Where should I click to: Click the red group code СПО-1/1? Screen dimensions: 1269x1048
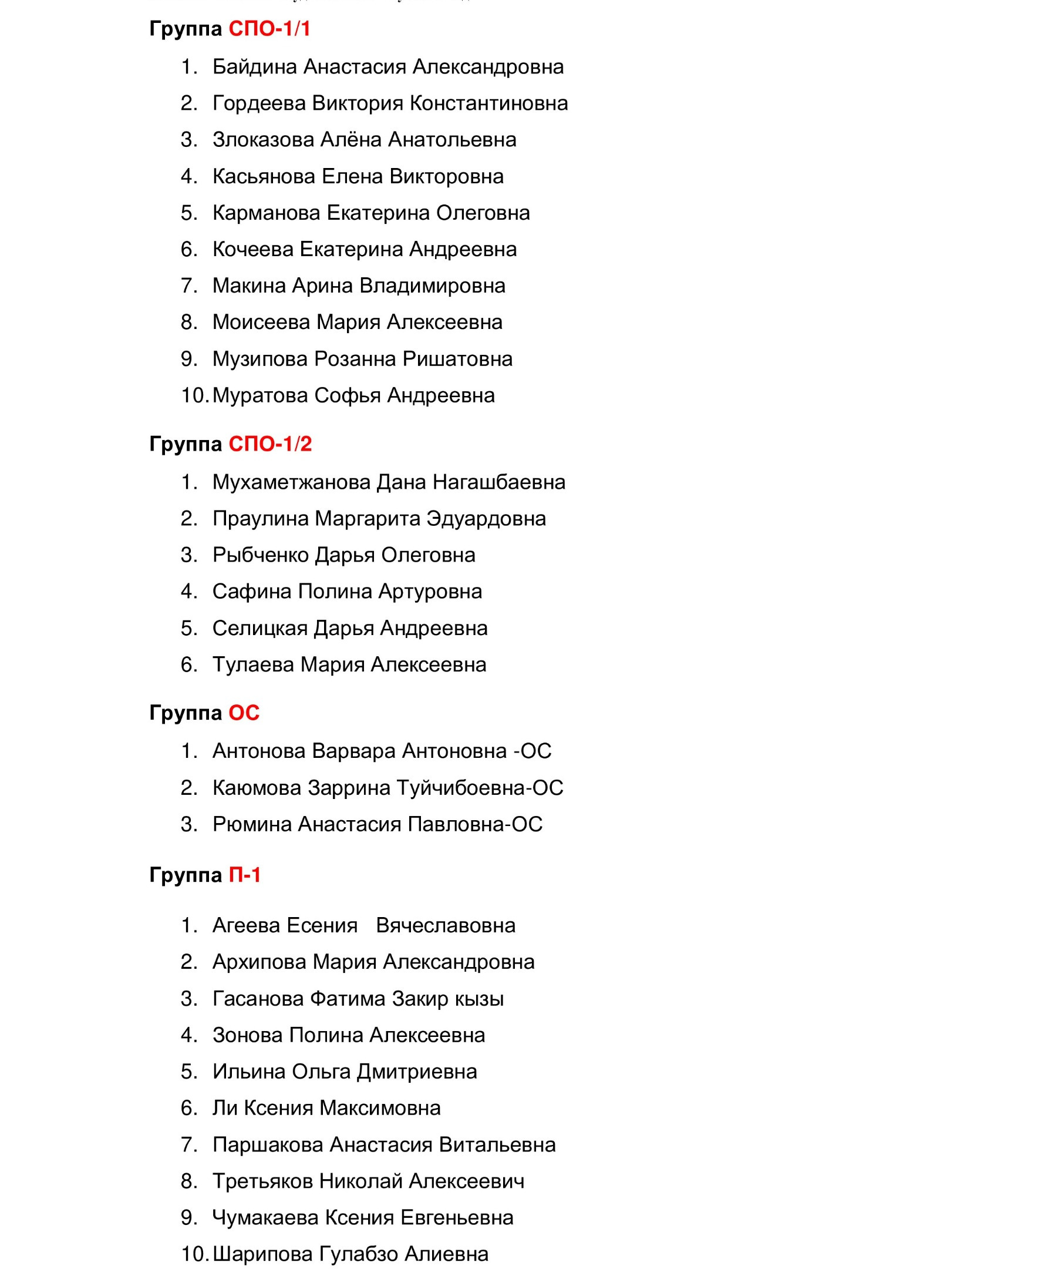pos(269,29)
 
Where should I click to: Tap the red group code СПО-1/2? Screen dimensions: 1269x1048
pos(270,444)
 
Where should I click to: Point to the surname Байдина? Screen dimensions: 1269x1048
pos(254,66)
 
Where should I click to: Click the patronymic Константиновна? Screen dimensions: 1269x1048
pos(488,103)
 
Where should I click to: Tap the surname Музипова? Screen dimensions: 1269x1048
pos(260,359)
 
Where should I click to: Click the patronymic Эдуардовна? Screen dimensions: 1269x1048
pos(486,518)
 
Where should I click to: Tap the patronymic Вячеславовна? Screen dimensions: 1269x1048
pos(446,925)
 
